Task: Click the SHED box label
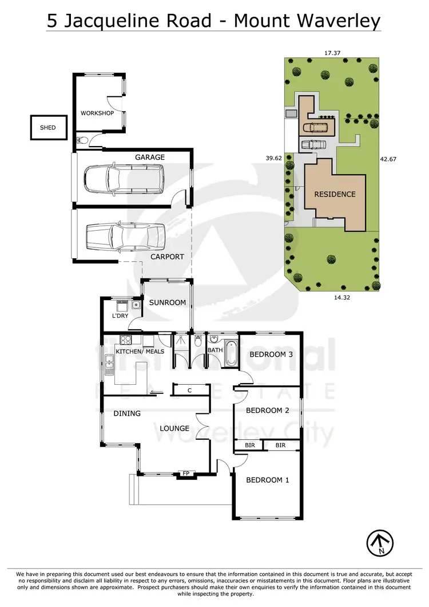point(48,128)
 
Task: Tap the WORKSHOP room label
point(97,113)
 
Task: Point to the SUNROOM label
point(167,302)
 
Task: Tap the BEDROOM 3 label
point(271,354)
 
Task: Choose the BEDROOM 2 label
point(267,411)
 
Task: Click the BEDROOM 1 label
point(267,480)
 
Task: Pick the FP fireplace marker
point(186,473)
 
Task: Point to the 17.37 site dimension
point(333,53)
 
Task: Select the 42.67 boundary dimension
point(388,159)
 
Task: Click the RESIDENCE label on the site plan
point(335,194)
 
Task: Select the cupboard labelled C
point(189,391)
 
